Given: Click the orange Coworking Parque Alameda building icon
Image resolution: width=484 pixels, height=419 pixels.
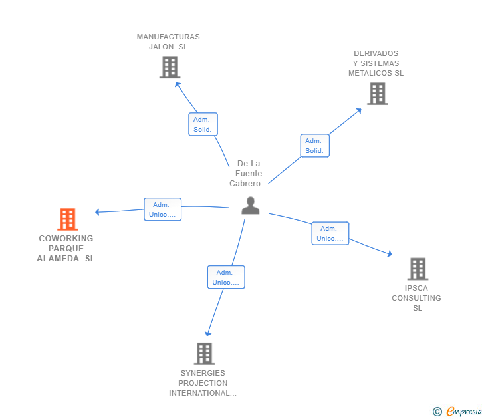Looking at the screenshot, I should (67, 219).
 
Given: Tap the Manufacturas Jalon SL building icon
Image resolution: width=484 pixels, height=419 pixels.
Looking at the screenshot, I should (170, 67).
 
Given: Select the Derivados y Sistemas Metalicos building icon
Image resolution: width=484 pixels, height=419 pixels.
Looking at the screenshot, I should (377, 94).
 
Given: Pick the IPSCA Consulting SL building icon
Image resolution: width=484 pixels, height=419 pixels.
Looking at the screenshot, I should (418, 269).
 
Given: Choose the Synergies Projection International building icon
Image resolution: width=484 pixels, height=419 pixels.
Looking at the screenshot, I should (204, 353).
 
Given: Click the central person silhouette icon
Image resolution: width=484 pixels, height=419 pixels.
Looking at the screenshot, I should (250, 206).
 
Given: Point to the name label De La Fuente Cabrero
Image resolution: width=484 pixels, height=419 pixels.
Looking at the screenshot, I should (249, 174).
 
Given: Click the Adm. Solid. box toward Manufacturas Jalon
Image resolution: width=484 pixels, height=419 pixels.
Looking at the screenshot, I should (203, 124).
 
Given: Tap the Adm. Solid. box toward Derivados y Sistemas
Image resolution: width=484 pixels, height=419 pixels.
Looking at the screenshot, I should (314, 146).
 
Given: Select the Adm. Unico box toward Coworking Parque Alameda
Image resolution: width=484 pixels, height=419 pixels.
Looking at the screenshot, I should (162, 209).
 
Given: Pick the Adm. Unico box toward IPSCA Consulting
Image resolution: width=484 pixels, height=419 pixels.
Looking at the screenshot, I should (330, 233).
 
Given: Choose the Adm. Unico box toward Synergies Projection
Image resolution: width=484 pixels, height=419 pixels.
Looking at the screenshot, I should (226, 277).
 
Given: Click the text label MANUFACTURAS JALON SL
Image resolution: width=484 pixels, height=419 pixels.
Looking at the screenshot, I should (168, 42).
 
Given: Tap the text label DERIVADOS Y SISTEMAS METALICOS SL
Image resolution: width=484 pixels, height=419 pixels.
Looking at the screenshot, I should (376, 63).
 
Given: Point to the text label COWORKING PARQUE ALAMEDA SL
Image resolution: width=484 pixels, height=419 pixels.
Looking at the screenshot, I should (66, 249).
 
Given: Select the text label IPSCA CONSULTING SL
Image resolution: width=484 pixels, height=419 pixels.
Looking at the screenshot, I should (416, 298).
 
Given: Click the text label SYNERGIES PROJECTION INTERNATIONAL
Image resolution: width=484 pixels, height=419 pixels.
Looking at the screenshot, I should (203, 383).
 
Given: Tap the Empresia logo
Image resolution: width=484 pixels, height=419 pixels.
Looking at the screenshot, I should (464, 412).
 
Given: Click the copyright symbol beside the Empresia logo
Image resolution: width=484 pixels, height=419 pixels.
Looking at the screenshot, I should (437, 412).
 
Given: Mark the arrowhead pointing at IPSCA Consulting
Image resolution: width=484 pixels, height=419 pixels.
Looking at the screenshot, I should (390, 253).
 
